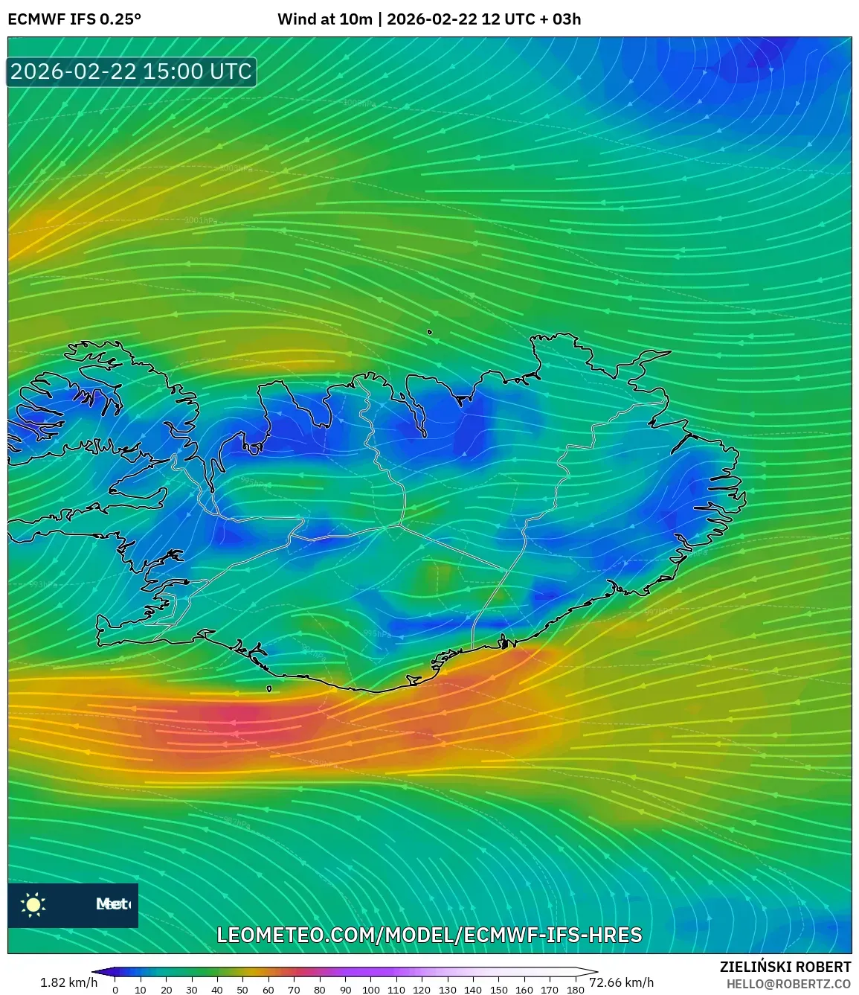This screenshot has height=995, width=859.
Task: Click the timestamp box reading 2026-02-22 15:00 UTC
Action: click(x=132, y=71)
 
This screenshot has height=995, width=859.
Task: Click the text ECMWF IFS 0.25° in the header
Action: click(x=74, y=19)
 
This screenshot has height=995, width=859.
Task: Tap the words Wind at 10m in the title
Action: click(x=324, y=19)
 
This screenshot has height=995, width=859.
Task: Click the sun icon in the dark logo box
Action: click(x=33, y=904)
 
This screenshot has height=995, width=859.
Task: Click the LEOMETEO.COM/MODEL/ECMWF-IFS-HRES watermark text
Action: click(x=429, y=935)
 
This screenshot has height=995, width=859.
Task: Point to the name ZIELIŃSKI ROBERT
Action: click(x=785, y=967)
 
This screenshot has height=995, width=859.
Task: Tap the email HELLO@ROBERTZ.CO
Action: click(x=788, y=984)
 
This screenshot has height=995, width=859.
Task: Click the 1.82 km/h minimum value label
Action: click(x=68, y=982)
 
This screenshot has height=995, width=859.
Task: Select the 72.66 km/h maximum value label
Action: click(x=621, y=982)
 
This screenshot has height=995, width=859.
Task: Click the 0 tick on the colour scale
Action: click(x=115, y=990)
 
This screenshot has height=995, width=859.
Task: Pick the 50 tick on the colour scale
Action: click(x=242, y=990)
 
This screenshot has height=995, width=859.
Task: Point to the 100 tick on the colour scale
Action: click(x=370, y=990)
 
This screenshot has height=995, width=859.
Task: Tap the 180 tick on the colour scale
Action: click(x=575, y=990)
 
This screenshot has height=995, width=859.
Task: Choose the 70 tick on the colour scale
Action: click(x=294, y=990)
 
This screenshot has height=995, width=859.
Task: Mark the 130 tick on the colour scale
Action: click(x=447, y=990)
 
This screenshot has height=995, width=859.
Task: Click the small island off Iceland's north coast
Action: click(x=430, y=333)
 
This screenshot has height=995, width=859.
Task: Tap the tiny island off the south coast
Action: click(x=269, y=688)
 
